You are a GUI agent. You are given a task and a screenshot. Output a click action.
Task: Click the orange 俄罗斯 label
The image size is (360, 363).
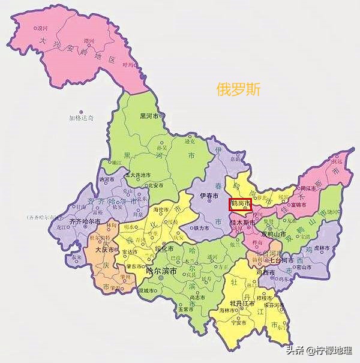coord(239,89)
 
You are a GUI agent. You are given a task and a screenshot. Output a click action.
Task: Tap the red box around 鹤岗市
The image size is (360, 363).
coord(241,205)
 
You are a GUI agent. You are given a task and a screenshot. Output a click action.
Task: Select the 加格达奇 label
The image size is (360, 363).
coord(81,118)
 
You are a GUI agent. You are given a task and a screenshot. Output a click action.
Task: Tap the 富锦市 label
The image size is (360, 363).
coord(298,205)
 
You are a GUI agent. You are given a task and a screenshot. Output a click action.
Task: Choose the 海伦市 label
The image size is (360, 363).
coord(163,210)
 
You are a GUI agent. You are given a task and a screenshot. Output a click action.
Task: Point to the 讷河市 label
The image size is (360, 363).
coord(106,179)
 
